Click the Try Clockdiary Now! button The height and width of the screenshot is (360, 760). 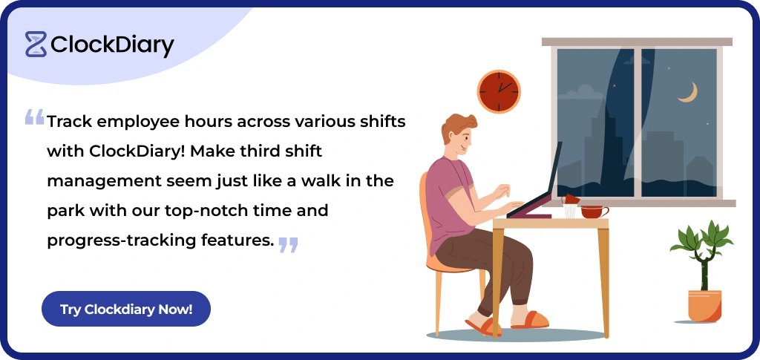(x=126, y=309)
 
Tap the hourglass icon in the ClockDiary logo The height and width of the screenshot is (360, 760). (x=36, y=45)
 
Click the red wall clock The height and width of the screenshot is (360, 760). (x=498, y=91)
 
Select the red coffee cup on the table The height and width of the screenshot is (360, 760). (x=593, y=212)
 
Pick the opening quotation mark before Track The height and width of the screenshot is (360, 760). (x=34, y=117)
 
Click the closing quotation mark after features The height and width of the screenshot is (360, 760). (x=288, y=244)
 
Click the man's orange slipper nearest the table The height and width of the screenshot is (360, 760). (x=529, y=320)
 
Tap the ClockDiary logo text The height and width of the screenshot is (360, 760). (x=112, y=45)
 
